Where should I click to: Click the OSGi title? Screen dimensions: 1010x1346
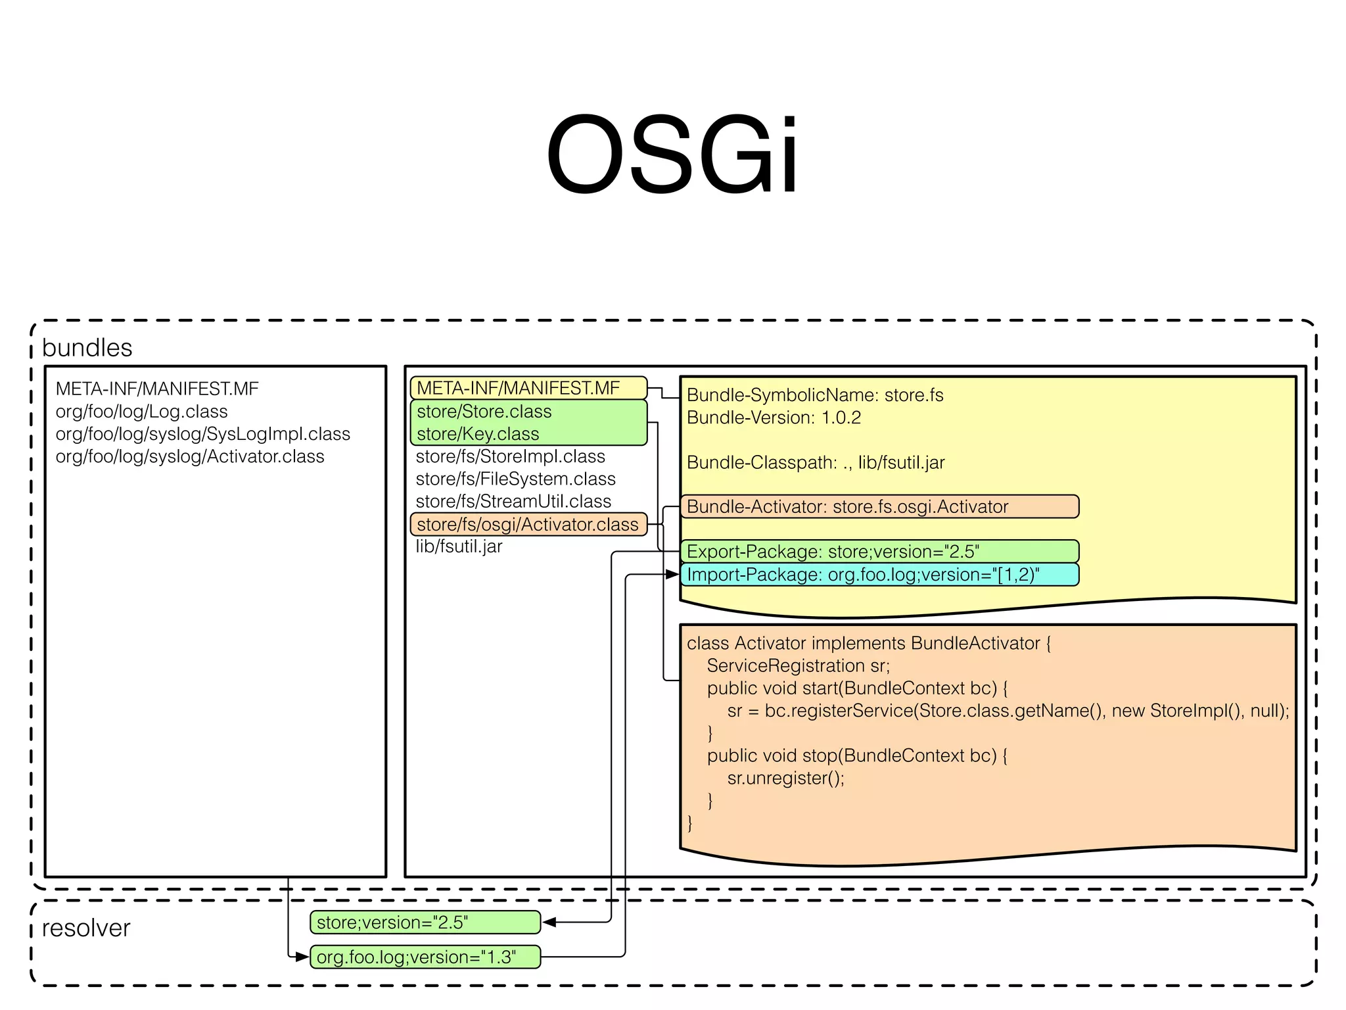point(672,155)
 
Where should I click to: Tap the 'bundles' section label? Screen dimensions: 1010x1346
point(87,347)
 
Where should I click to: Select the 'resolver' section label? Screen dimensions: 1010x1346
point(85,928)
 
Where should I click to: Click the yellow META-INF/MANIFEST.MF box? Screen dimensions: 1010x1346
point(528,388)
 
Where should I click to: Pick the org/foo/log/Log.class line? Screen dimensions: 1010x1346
point(141,412)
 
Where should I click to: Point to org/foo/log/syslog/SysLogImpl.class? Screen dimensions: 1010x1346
point(202,434)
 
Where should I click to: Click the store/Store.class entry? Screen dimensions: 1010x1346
point(484,412)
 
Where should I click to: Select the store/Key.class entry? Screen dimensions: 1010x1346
point(478,434)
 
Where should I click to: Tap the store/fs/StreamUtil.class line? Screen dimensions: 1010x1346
point(513,501)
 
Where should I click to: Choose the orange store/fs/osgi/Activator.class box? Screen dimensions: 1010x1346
point(528,524)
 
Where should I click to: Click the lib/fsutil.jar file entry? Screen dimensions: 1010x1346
point(459,546)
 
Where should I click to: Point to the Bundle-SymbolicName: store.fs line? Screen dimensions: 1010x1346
point(815,395)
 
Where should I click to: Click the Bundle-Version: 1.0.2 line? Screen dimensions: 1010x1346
point(774,418)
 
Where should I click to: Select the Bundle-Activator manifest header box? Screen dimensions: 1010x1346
point(879,506)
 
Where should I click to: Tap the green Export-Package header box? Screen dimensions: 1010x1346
point(879,551)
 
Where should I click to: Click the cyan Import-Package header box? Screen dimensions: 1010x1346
point(879,574)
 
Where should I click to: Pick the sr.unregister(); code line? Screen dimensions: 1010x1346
point(785,778)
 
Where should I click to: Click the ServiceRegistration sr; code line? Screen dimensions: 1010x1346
point(798,665)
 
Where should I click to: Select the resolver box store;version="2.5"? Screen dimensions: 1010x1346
point(425,922)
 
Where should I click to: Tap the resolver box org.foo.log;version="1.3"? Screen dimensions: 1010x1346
point(425,957)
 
